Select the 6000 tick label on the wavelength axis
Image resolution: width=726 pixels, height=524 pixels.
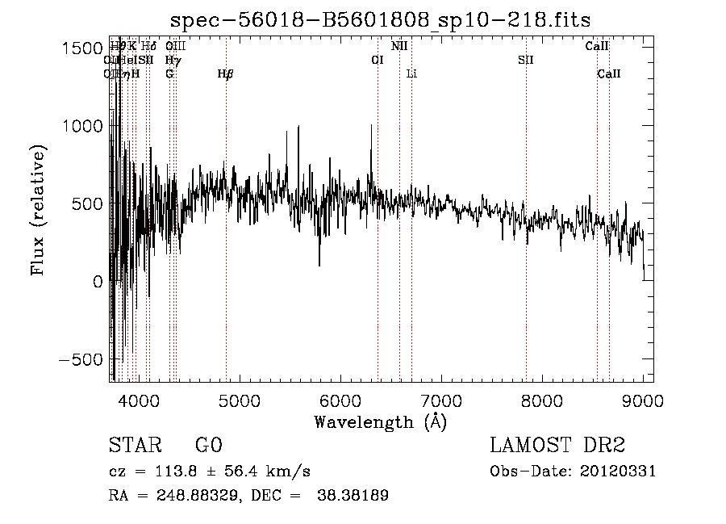(340, 400)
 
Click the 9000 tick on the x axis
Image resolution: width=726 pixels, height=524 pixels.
(642, 400)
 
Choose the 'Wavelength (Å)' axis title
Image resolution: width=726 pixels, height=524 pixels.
(380, 421)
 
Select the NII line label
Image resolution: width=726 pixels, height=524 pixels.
(399, 46)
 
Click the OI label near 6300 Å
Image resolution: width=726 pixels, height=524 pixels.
(377, 60)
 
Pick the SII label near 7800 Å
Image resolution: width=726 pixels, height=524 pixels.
(525, 60)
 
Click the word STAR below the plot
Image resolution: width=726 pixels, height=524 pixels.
(136, 445)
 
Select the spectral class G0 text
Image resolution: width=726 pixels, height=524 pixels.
(209, 445)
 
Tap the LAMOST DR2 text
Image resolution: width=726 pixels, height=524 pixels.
(557, 445)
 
